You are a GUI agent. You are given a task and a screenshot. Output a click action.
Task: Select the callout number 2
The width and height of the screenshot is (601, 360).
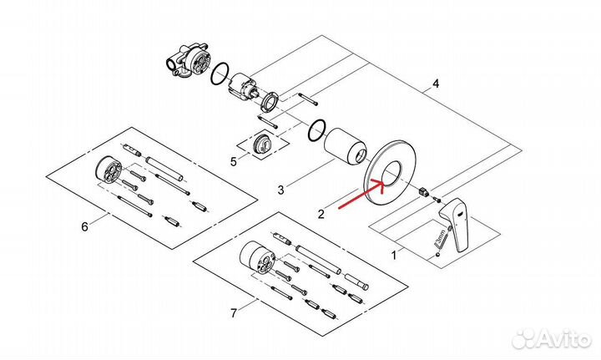pos(321,214)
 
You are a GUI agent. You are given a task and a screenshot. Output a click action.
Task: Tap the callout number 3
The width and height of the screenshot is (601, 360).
pos(281,190)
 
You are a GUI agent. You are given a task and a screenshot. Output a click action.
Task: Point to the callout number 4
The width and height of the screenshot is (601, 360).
pos(434,84)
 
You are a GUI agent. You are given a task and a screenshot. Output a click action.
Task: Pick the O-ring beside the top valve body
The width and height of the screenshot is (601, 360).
pos(219,74)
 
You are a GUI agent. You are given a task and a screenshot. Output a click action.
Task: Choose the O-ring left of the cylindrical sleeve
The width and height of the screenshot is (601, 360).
pos(316,129)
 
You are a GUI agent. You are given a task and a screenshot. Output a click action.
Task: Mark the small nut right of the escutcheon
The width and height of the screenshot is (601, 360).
pos(428,191)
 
